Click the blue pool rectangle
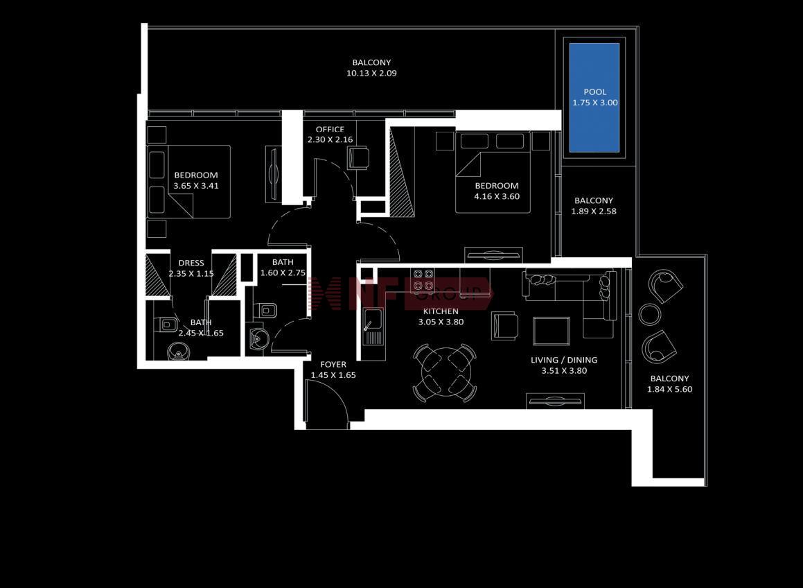pyautogui.click(x=594, y=97)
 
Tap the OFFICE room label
pyautogui.click(x=330, y=129)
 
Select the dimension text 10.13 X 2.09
pyautogui.click(x=371, y=73)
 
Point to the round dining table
pyautogui.click(x=444, y=372)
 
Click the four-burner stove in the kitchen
pyautogui.click(x=423, y=280)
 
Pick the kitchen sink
pyautogui.click(x=372, y=327)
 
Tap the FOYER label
pyautogui.click(x=333, y=365)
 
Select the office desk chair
pyautogui.click(x=358, y=157)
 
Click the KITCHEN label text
pyautogui.click(x=441, y=311)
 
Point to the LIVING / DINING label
pyautogui.click(x=564, y=360)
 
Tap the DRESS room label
pyautogui.click(x=191, y=263)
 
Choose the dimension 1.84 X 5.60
pyautogui.click(x=669, y=389)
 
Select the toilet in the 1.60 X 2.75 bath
pyautogui.click(x=266, y=310)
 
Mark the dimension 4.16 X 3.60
pyautogui.click(x=496, y=196)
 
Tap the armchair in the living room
pyautogui.click(x=504, y=326)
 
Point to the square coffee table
pyautogui.click(x=551, y=331)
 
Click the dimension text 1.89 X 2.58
pyautogui.click(x=594, y=211)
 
